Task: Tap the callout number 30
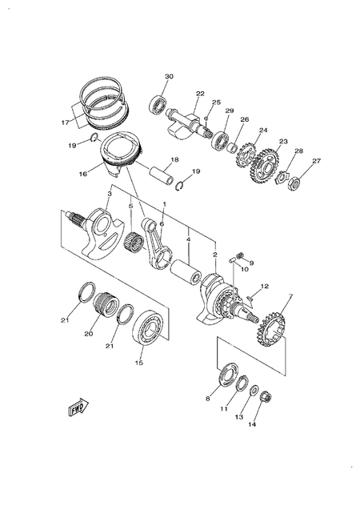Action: point(168,77)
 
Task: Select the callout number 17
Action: point(65,122)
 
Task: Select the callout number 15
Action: point(139,363)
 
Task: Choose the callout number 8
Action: point(208,398)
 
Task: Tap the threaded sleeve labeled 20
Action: point(104,304)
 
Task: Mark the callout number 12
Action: point(265,286)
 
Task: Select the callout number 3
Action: point(110,194)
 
